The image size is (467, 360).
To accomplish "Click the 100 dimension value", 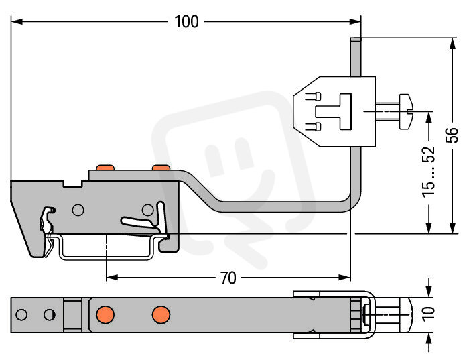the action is (x=186, y=22).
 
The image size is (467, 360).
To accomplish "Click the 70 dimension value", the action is (x=228, y=278).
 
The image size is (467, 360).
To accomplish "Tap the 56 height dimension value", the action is (x=452, y=135).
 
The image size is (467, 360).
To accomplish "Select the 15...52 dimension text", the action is (x=429, y=172).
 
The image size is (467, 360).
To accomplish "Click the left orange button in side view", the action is (x=105, y=168).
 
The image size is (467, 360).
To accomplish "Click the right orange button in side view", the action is (x=161, y=168).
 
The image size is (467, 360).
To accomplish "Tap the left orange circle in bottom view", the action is (x=105, y=314).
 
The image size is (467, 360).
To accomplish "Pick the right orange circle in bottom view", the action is (x=161, y=314).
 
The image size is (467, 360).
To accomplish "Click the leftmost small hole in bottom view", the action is (x=21, y=314).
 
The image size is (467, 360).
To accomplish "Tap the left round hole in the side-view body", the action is (x=78, y=210).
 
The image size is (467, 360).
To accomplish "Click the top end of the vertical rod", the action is (x=356, y=40).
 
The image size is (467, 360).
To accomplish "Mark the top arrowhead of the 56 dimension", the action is (x=452, y=44).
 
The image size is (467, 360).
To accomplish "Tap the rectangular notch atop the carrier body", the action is (x=72, y=184).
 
